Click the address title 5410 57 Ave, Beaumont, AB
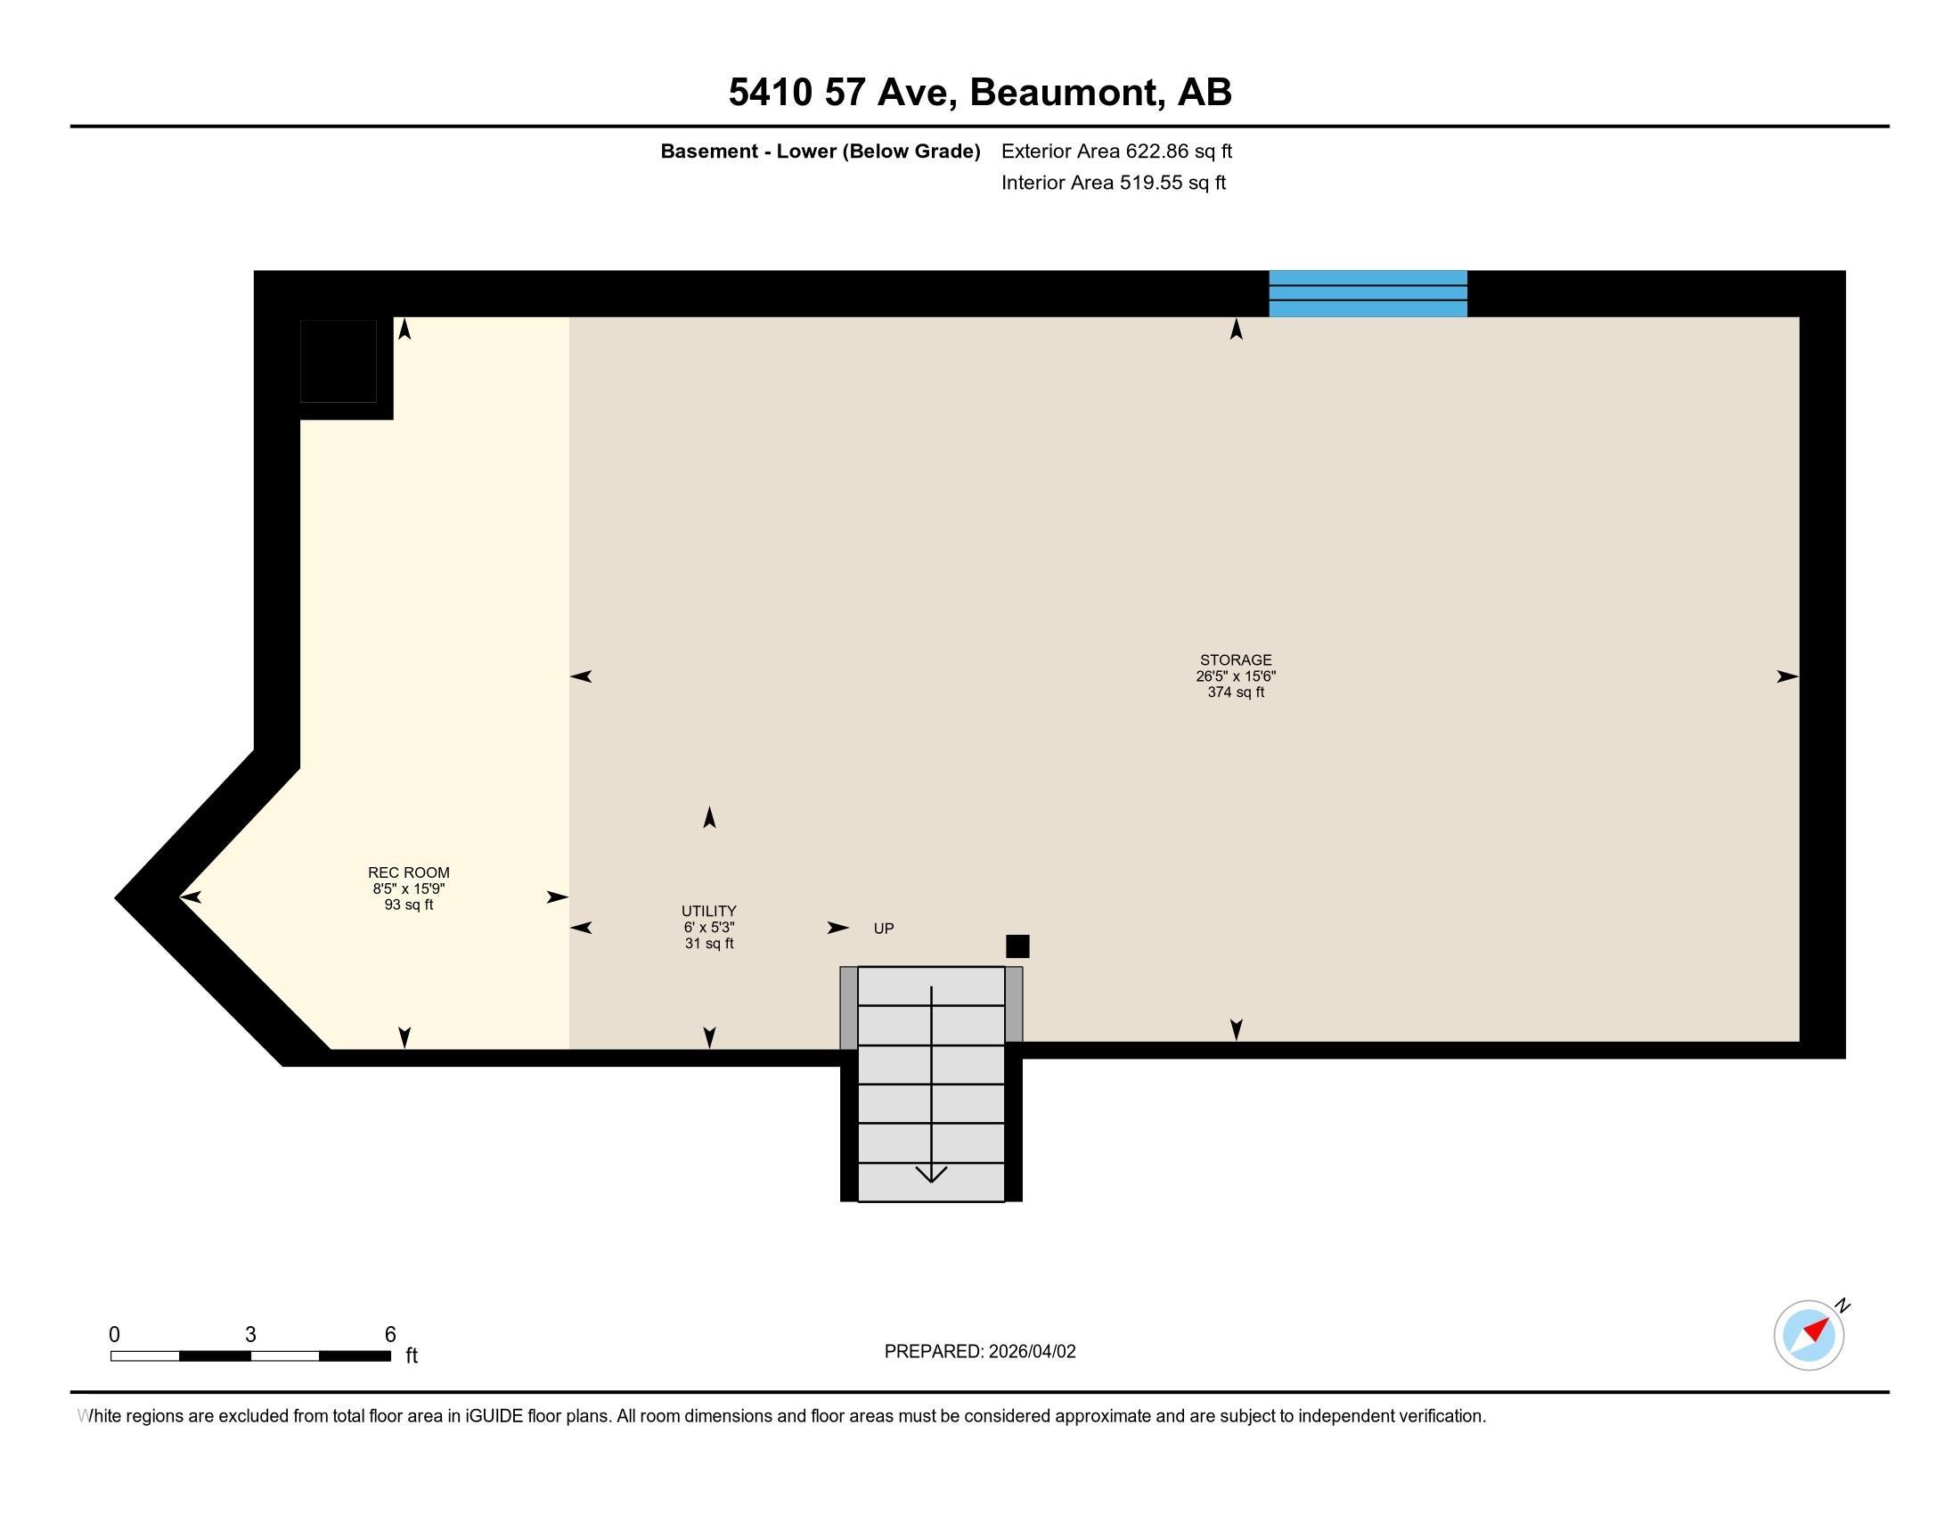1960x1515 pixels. pos(980,93)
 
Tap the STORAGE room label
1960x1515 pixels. pos(1236,659)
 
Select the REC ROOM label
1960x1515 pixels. pos(408,872)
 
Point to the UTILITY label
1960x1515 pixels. pos(709,911)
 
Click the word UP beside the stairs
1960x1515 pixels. pos(884,929)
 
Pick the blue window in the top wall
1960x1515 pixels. pos(1368,293)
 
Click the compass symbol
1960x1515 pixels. pos(1809,1335)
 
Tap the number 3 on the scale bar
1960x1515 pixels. pos(250,1335)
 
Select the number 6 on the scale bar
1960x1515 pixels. pos(390,1335)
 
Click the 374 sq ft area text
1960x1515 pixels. pos(1236,692)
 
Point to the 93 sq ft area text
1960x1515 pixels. pos(408,905)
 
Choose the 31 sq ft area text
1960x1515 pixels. pos(709,943)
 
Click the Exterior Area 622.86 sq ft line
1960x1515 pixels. pos(1116,151)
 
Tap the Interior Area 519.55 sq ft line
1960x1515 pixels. pos(1114,183)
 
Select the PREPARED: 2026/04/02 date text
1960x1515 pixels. pos(980,1352)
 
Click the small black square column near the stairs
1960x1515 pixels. pos(1017,946)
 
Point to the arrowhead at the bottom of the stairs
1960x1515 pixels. pos(932,1174)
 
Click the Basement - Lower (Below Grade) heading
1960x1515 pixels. pos(821,151)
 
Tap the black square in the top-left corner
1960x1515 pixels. pos(338,361)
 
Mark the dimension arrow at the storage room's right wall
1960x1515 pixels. pos(1788,676)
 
